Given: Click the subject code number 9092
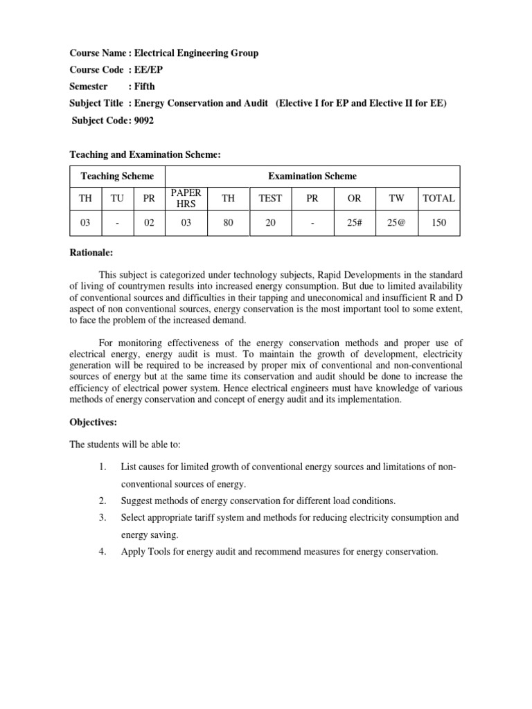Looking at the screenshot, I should (144, 120).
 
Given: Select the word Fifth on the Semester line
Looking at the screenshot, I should (144, 87).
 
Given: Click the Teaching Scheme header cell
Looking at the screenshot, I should (117, 177).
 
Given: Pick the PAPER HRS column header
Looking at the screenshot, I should (185, 198).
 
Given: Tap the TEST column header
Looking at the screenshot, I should (270, 198).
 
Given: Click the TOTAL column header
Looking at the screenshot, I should (438, 198).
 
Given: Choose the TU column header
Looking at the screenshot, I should (117, 198).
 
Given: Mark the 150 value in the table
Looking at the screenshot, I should (438, 223).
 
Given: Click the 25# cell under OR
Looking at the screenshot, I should (354, 223).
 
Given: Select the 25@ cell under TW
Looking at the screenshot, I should (396, 223).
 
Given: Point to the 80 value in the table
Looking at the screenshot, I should (228, 223).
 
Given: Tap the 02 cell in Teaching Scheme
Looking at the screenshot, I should (149, 223).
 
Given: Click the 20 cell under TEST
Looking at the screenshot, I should (270, 223).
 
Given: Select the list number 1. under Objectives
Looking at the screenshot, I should (102, 467).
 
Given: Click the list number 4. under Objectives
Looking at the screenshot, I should (102, 552).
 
